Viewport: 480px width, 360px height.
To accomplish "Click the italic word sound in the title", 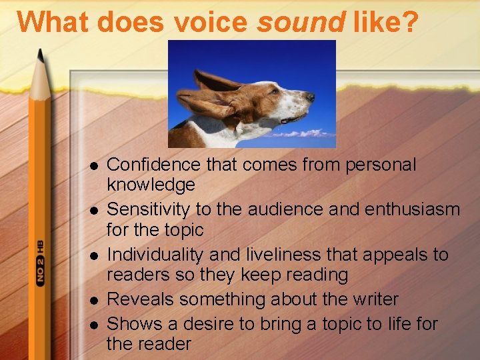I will (x=301, y=22).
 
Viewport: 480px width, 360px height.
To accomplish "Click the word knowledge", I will (x=151, y=184).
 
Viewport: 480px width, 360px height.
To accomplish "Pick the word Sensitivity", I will (x=149, y=209).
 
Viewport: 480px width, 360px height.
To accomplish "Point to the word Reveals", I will (x=136, y=300).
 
